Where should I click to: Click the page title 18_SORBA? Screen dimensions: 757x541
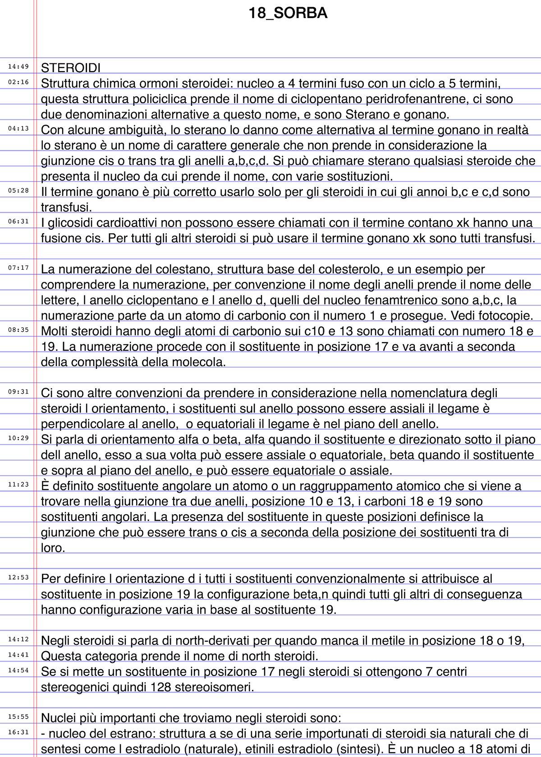click(288, 14)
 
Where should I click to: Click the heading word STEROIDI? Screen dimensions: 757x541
click(71, 68)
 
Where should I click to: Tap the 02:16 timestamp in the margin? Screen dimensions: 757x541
click(18, 82)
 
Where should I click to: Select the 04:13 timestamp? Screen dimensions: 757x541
click(18, 128)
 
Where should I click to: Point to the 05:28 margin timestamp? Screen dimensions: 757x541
click(18, 190)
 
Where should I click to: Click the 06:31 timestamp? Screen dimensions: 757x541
click(18, 221)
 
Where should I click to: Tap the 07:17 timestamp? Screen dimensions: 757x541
click(18, 268)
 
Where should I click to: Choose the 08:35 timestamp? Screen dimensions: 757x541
click(18, 330)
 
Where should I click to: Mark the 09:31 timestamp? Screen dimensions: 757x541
click(18, 392)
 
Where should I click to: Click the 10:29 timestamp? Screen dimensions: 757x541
click(18, 438)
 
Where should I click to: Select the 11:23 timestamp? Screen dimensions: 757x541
click(18, 485)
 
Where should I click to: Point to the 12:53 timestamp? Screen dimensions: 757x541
click(18, 577)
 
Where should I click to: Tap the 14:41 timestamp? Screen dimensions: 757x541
click(18, 655)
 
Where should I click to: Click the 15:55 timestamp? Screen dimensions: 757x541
click(18, 716)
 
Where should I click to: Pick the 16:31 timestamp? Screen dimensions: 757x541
click(18, 732)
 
